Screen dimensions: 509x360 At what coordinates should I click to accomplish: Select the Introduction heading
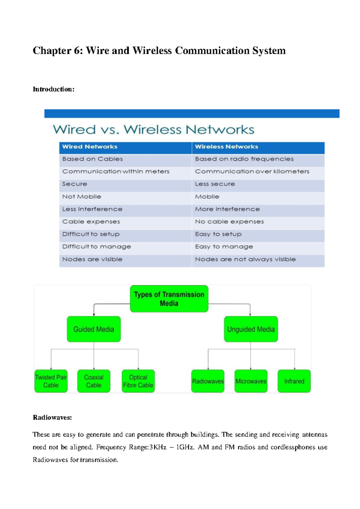point(53,89)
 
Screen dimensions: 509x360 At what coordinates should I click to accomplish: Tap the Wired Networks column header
point(90,147)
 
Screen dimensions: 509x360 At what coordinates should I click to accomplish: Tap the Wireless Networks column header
point(226,147)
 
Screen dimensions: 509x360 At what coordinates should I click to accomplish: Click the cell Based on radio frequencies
point(244,159)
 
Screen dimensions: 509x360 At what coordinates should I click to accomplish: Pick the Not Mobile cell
point(82,197)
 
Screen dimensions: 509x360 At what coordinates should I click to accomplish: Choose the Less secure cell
point(215,184)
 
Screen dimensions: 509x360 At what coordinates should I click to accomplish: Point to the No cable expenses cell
point(229,221)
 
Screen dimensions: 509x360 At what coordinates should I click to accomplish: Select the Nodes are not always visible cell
point(245,259)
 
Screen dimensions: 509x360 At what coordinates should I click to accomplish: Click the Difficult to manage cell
point(97,247)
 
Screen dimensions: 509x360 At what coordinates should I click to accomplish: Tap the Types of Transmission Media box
point(169,299)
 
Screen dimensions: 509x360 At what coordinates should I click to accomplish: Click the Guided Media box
point(94,329)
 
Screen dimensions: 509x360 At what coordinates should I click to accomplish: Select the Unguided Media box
point(251,329)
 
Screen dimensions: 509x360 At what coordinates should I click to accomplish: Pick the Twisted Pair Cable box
point(51,381)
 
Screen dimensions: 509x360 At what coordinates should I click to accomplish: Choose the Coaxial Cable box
point(94,381)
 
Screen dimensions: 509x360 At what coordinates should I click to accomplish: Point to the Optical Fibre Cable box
point(138,381)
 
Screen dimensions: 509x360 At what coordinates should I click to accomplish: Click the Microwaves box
point(251,381)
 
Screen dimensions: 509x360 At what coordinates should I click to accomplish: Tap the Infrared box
point(294,381)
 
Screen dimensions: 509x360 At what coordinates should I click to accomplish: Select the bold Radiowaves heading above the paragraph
point(52,417)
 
